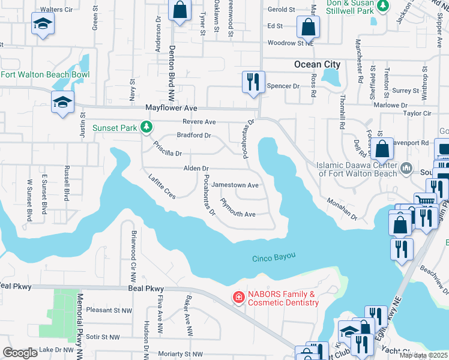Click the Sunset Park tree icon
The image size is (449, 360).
pos(146,127)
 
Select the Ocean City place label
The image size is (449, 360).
pos(317,64)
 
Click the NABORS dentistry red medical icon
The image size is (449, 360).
pos(238,298)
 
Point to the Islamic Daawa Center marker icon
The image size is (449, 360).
pos(406,167)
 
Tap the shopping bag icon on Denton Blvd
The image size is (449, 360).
pos(179,10)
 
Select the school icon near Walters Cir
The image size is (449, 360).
pos(42,25)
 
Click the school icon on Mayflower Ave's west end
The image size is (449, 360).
pos(62,102)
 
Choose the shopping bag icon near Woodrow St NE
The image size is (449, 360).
pos(308,27)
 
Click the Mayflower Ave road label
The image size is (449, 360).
pos(172,108)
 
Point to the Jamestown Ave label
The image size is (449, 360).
pos(235,185)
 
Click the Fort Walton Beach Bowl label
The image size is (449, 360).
pos(45,74)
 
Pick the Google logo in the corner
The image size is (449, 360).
pos(20,353)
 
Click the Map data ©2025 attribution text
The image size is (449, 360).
pos(423,355)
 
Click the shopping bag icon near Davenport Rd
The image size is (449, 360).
pos(382,150)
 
